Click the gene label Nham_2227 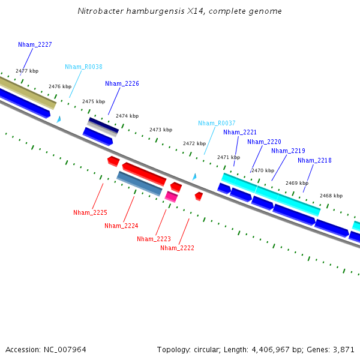35,44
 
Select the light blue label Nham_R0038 83,67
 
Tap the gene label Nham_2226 122,83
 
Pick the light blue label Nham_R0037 217,123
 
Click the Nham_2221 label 240,132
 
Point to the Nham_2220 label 264,142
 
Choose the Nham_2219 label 288,151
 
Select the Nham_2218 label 314,160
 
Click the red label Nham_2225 90,212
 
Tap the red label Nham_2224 121,226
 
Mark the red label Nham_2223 154,239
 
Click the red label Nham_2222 177,248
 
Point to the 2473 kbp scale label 161,130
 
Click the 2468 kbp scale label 331,196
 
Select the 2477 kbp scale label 27,71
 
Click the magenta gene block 172,196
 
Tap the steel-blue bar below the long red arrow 140,184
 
